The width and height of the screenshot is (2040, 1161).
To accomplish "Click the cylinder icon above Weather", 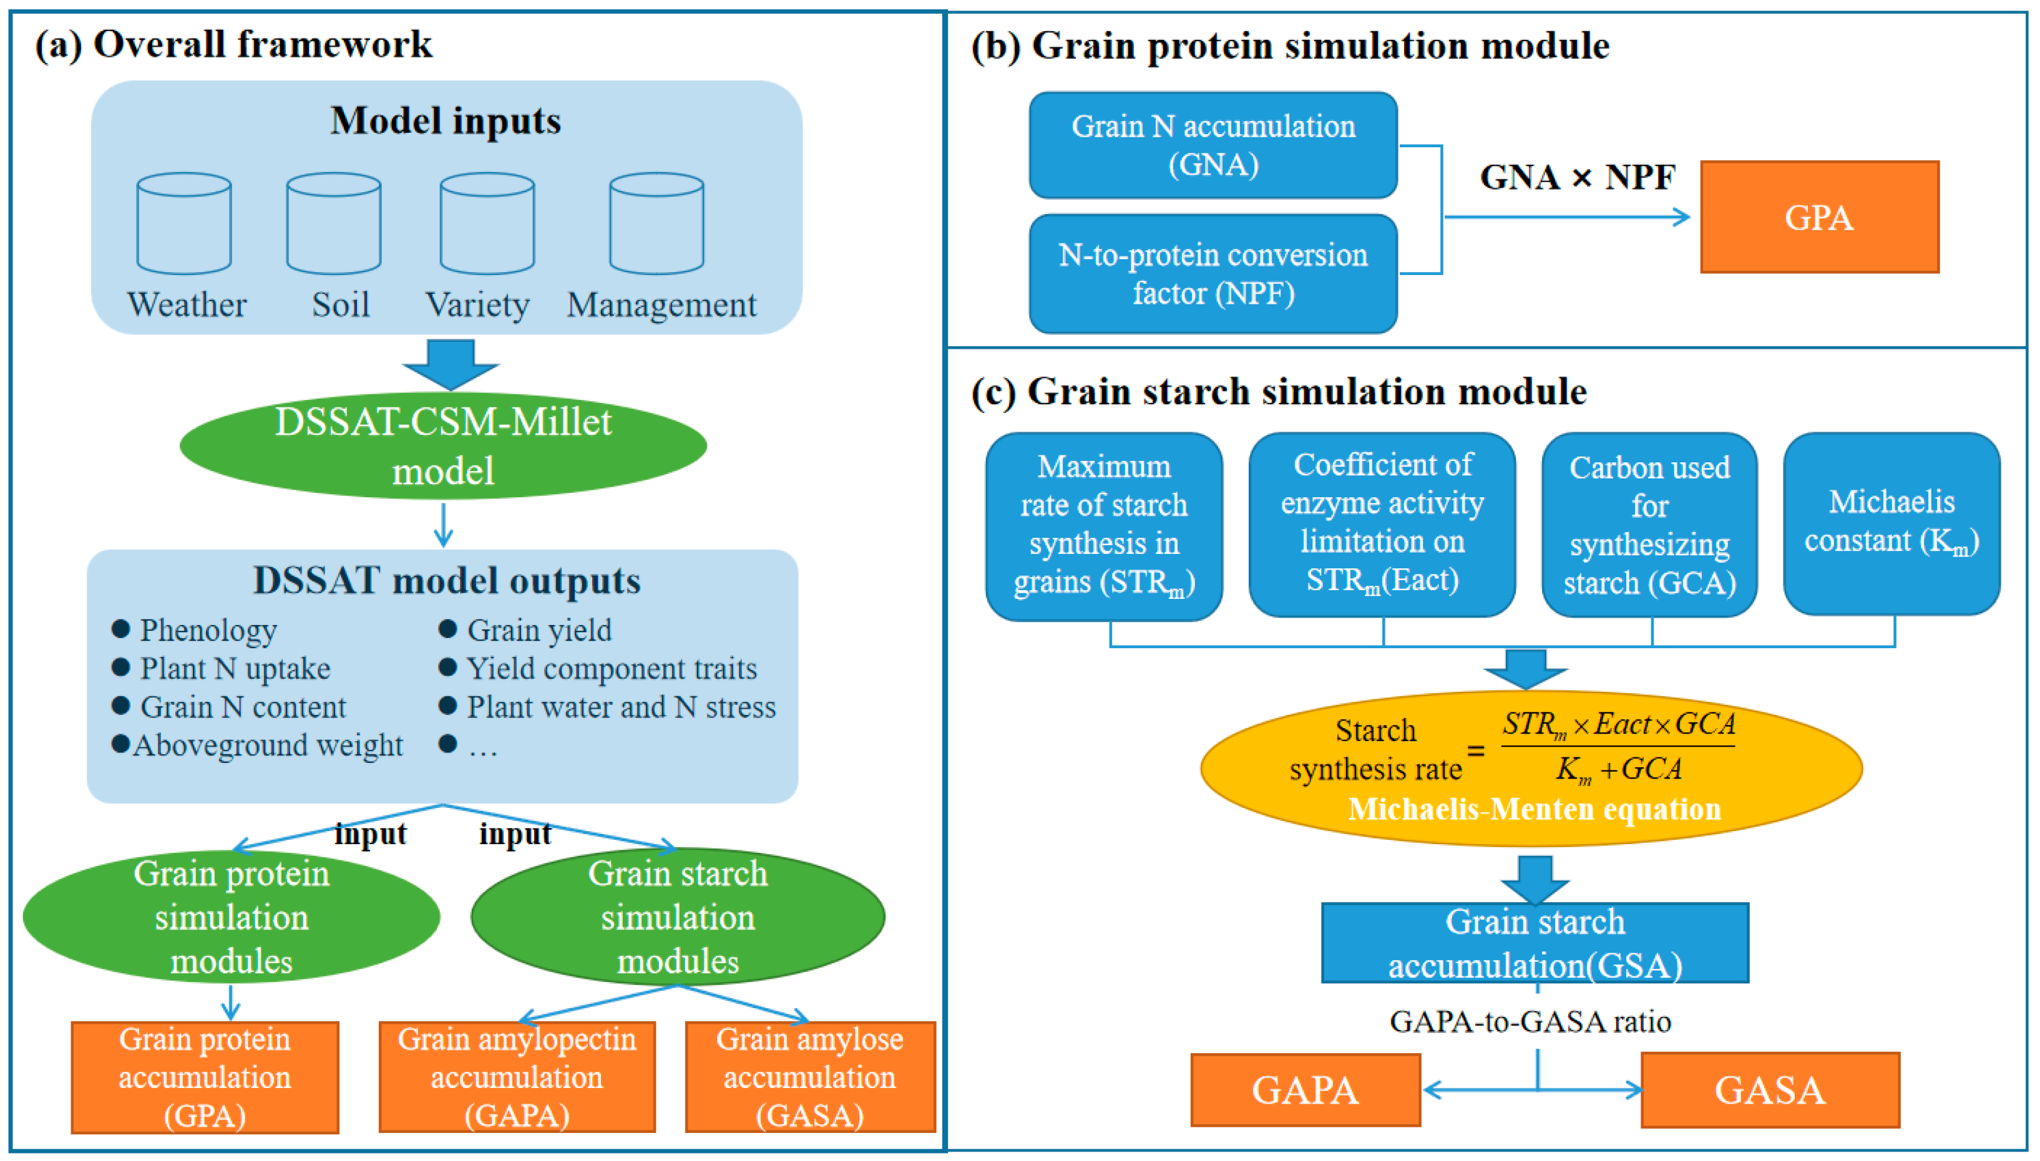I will pos(184,223).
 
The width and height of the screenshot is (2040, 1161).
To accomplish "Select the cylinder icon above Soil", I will pos(333,223).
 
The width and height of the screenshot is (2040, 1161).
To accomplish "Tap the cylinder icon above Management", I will pos(656,223).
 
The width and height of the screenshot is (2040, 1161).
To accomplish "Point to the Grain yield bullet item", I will pos(539,630).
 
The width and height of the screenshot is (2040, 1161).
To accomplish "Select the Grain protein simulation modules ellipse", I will pos(232,917).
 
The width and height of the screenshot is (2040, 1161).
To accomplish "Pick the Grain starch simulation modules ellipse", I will pos(678,917).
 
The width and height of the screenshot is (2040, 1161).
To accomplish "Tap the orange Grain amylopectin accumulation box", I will pos(517,1077).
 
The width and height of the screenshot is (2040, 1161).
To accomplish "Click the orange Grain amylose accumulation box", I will pos(809,1077).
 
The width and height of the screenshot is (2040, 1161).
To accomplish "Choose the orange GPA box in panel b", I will pos(1819,217).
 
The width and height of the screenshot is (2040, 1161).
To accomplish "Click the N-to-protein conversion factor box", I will pos(1213,273).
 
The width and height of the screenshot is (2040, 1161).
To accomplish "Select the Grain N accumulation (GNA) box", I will pos(1213,145).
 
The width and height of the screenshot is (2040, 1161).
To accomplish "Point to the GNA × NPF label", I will pos(1577,177).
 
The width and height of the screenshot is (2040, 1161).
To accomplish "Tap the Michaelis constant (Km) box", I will pos(1891,523).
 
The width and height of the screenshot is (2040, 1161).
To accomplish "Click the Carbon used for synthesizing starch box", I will pos(1649,525).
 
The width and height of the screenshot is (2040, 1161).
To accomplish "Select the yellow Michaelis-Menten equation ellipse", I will pos(1531,768).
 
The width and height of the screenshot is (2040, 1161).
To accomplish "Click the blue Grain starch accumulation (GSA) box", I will pos(1535,943).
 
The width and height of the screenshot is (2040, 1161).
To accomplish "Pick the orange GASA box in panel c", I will pos(1770,1090).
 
